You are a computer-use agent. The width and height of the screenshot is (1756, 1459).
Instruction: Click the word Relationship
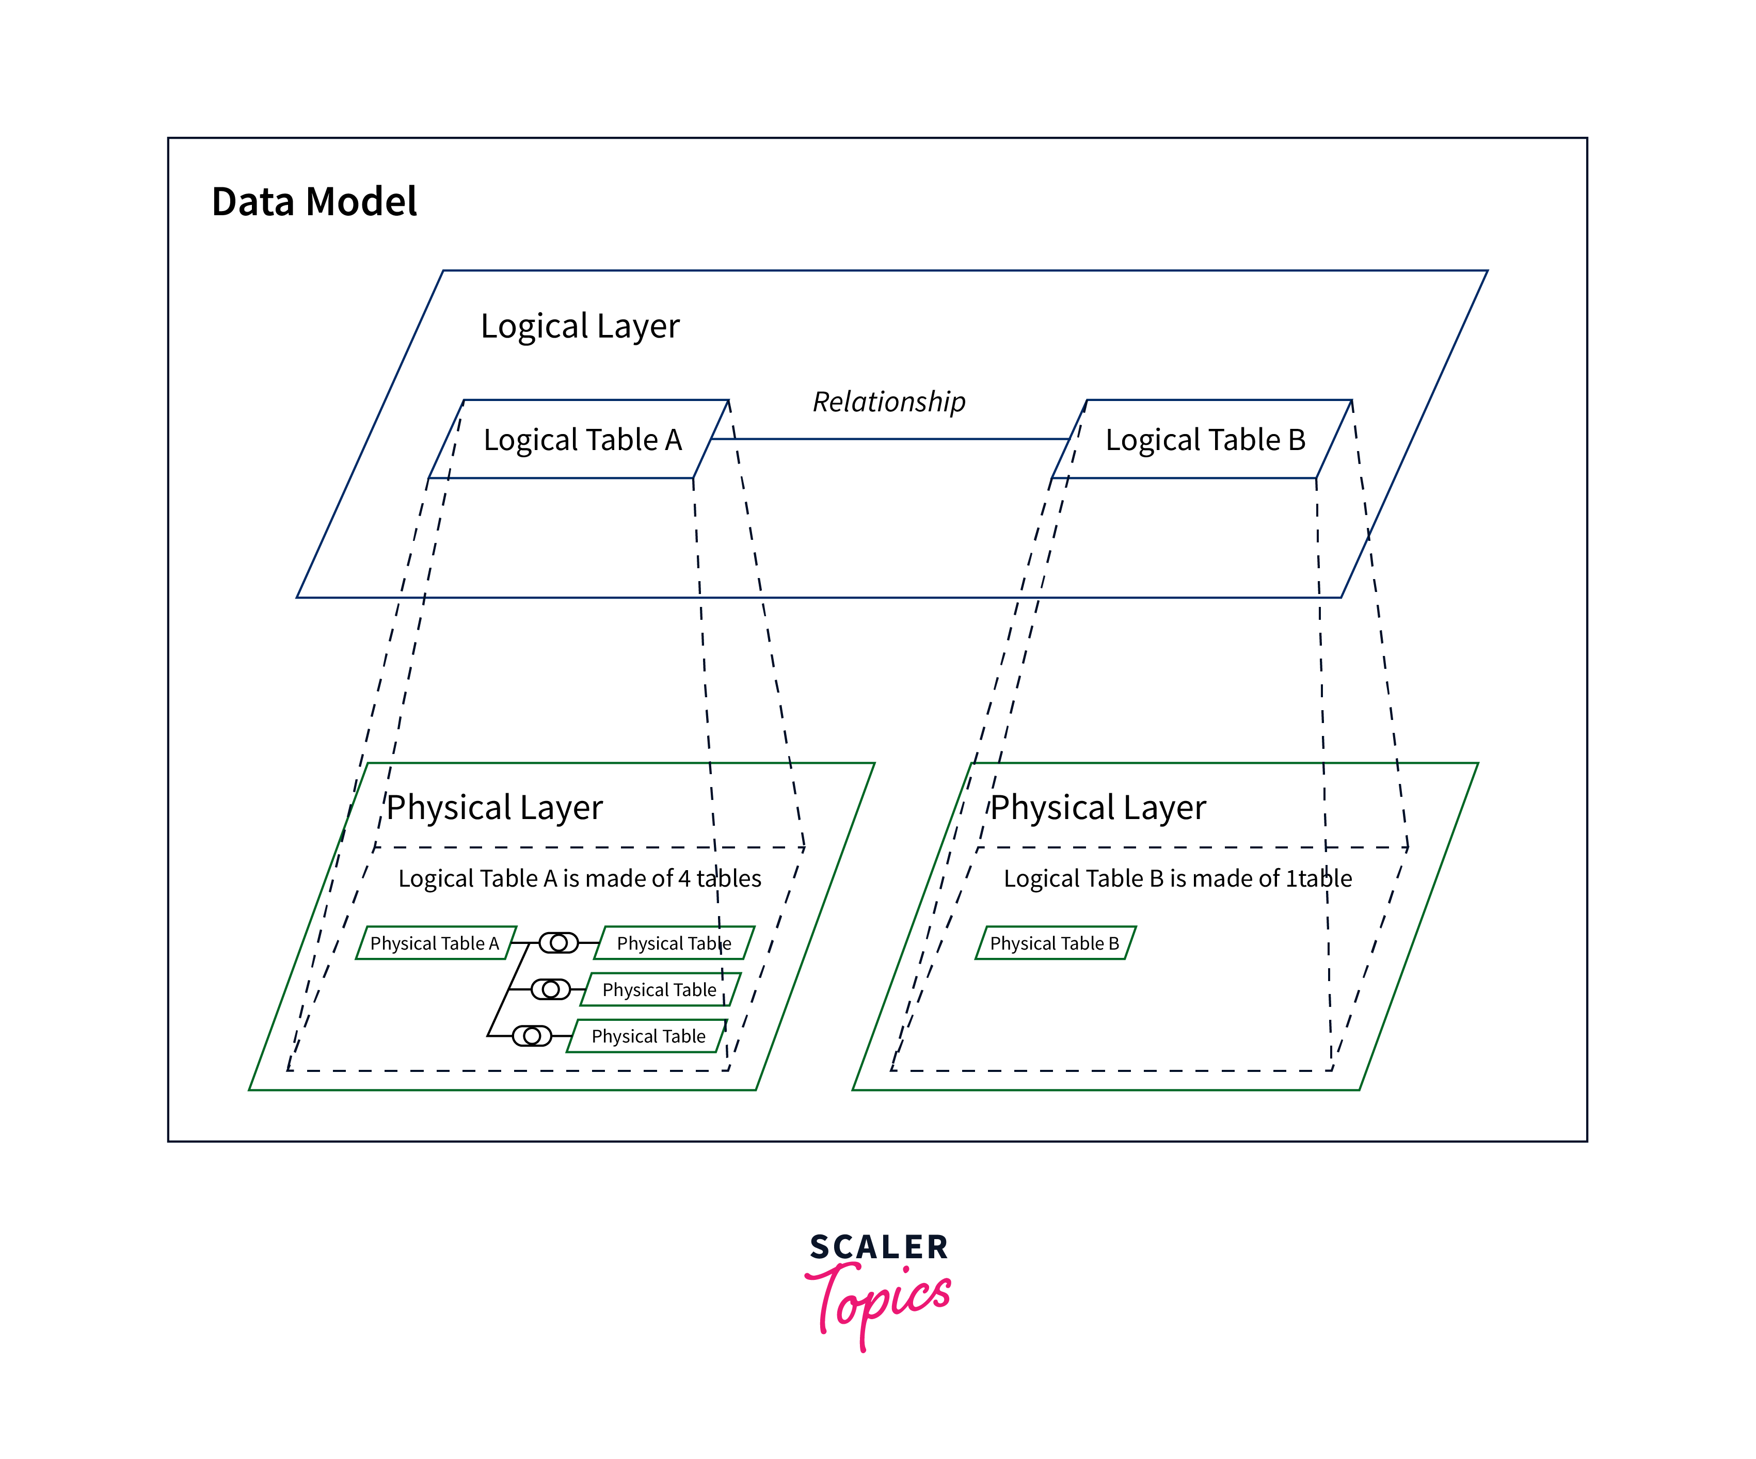click(x=889, y=402)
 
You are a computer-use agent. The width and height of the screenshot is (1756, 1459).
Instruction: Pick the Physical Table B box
click(x=1055, y=943)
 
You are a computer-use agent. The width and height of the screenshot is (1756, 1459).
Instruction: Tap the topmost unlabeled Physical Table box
click(x=674, y=943)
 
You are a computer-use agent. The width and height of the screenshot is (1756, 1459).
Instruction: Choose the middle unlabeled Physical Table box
click(x=660, y=990)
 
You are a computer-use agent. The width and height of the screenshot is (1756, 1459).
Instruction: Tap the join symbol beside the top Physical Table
click(x=558, y=943)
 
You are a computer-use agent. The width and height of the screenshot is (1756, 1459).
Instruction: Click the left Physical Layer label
click(x=494, y=808)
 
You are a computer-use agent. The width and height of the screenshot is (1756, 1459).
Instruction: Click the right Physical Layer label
click(x=1098, y=808)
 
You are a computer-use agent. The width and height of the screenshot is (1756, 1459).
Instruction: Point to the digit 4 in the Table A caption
click(x=684, y=879)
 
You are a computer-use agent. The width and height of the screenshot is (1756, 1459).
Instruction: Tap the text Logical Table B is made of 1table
click(x=1177, y=879)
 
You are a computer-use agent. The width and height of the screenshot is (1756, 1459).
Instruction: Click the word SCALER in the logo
click(x=879, y=1247)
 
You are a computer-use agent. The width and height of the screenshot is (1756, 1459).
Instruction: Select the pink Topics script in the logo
click(x=878, y=1300)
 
